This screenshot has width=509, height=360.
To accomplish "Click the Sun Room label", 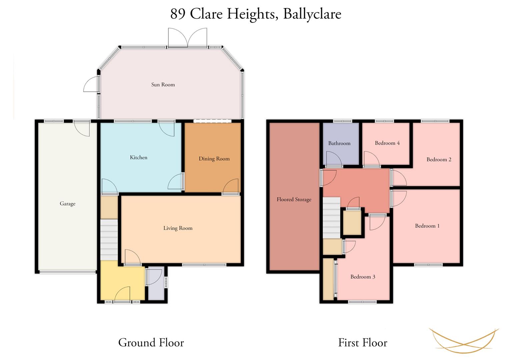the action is click(163, 85).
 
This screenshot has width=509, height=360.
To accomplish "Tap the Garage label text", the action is click(67, 204).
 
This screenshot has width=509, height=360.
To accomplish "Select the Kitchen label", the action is click(139, 157).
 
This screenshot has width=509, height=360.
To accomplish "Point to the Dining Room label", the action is click(214, 159).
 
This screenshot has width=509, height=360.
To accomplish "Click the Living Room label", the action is click(178, 228).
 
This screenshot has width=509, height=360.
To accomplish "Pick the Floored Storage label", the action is click(294, 199).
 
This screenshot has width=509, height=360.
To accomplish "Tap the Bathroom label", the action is click(339, 143).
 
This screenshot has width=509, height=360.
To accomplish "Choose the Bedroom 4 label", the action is click(387, 143).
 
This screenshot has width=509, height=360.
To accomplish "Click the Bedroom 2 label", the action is click(439, 160).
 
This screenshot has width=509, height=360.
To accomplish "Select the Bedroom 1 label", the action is click(427, 226).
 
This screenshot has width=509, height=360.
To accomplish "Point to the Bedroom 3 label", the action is click(363, 277).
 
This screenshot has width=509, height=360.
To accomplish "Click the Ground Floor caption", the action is click(151, 343).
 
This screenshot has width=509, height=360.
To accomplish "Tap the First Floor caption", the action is click(363, 343).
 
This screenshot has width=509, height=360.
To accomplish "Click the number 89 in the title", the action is click(178, 14).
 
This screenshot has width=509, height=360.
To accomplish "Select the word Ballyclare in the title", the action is click(312, 14).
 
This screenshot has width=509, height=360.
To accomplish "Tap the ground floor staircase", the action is click(109, 240).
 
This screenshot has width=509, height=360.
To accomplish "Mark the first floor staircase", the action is click(332, 218).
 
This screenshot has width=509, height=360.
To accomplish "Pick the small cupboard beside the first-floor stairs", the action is click(352, 223).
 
